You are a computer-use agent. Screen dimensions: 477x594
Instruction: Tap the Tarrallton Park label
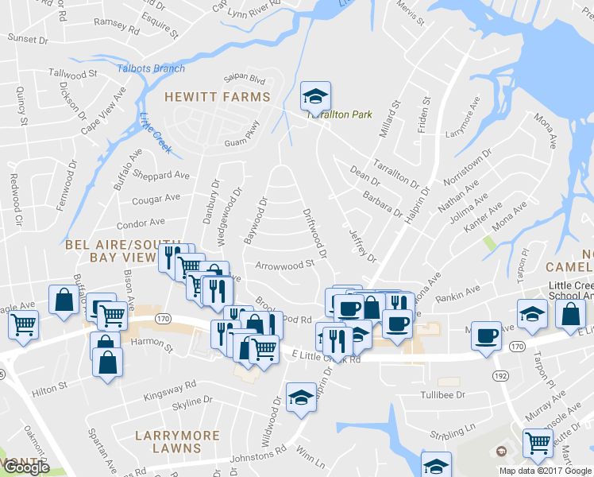click(x=340, y=114)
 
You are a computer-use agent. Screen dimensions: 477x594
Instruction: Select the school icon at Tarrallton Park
click(x=315, y=97)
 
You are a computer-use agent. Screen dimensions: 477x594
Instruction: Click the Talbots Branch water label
click(x=151, y=68)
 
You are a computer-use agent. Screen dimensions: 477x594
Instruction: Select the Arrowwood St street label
click(x=284, y=266)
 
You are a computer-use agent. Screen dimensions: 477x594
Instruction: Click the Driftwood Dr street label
click(x=314, y=234)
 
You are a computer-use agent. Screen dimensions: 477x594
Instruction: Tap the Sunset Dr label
click(x=28, y=38)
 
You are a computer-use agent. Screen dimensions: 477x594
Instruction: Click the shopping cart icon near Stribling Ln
click(x=538, y=442)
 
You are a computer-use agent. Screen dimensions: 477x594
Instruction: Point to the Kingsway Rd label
click(x=169, y=390)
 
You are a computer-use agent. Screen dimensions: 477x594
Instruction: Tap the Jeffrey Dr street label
click(x=361, y=245)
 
